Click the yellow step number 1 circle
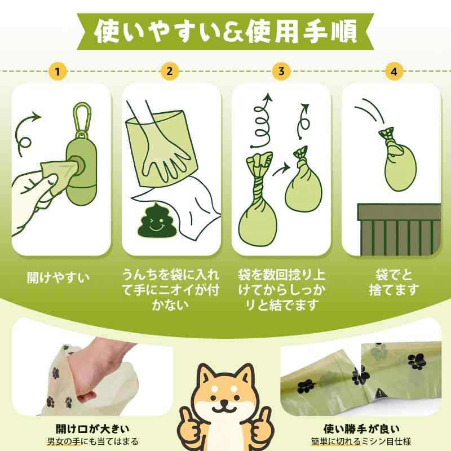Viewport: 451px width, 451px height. pyautogui.click(x=58, y=71)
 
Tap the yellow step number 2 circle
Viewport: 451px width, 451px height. pyautogui.click(x=170, y=71)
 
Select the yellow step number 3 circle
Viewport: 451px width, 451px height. pyautogui.click(x=281, y=71)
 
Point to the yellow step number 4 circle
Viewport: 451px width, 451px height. pyautogui.click(x=394, y=71)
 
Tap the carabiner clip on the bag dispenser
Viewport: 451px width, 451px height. pyautogui.click(x=82, y=120)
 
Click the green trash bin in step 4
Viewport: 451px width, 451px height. pyautogui.click(x=399, y=229)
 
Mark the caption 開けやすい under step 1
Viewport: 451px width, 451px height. pyautogui.click(x=59, y=278)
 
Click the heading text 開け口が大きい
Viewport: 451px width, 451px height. pyautogui.click(x=92, y=429)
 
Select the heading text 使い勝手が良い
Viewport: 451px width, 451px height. pyautogui.click(x=361, y=429)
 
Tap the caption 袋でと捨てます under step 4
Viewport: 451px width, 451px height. pyautogui.click(x=394, y=282)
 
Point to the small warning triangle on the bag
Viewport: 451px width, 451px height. pyautogui.click(x=380, y=392)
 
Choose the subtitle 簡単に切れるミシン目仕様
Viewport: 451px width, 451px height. pyautogui.click(x=361, y=441)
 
